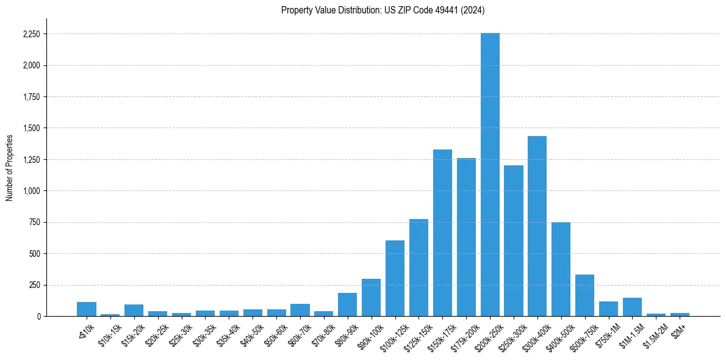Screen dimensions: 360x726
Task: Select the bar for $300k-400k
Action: pos(537,226)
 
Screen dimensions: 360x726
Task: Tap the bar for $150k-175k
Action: pos(442,232)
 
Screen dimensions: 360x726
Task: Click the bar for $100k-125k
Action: pos(395,278)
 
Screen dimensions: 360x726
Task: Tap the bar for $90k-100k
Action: pos(371,297)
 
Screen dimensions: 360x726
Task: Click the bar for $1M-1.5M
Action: pos(632,307)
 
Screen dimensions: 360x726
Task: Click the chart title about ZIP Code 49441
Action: pos(383,10)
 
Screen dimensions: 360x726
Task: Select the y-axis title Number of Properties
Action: pos(9,167)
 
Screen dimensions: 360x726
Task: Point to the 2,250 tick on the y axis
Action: pos(31,34)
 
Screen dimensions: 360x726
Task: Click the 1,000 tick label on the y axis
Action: pos(31,191)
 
